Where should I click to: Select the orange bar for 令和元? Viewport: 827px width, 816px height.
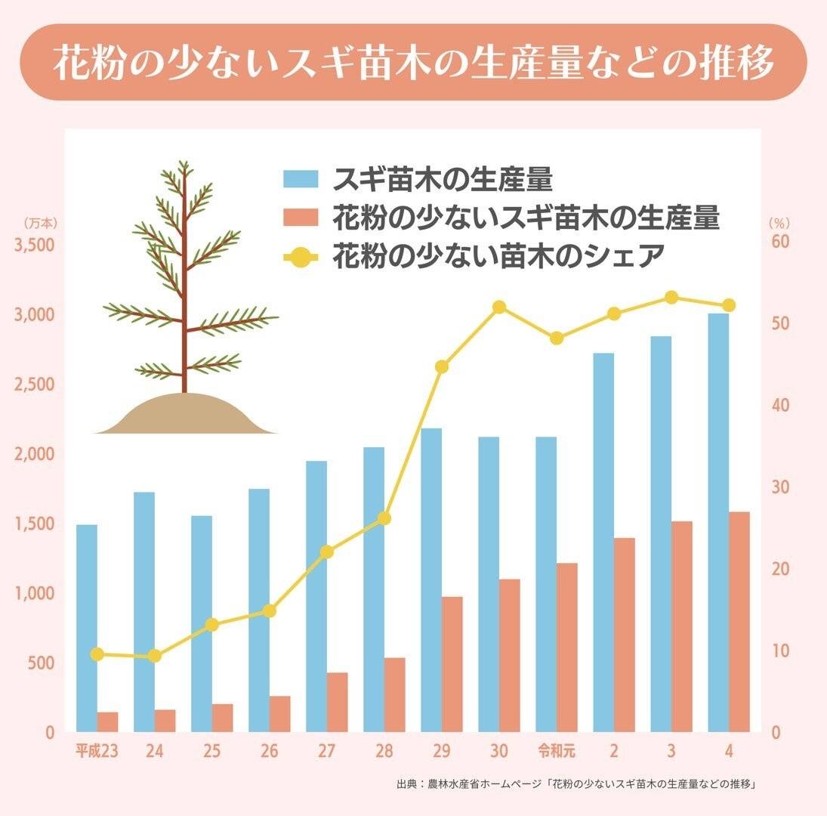pyautogui.click(x=567, y=647)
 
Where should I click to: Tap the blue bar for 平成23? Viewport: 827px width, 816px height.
pyautogui.click(x=87, y=627)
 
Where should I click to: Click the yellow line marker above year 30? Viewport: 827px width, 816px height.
pyautogui.click(x=499, y=308)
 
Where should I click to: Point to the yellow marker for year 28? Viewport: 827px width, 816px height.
pyautogui.click(x=384, y=518)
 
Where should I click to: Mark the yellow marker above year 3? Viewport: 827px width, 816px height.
pyautogui.click(x=671, y=298)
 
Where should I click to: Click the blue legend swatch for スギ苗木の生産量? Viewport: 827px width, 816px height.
pyautogui.click(x=302, y=180)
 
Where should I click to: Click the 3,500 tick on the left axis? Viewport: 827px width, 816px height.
pyautogui.click(x=35, y=245)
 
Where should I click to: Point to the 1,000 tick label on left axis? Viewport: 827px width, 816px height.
pyautogui.click(x=35, y=594)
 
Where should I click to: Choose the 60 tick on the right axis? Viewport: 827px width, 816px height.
pyautogui.click(x=779, y=241)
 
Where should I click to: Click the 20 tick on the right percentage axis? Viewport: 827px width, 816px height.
pyautogui.click(x=779, y=569)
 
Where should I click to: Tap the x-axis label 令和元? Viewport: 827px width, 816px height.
pyautogui.click(x=557, y=752)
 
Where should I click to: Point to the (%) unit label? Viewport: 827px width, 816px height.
pyautogui.click(x=779, y=224)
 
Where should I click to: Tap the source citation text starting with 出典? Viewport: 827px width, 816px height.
pyautogui.click(x=577, y=784)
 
